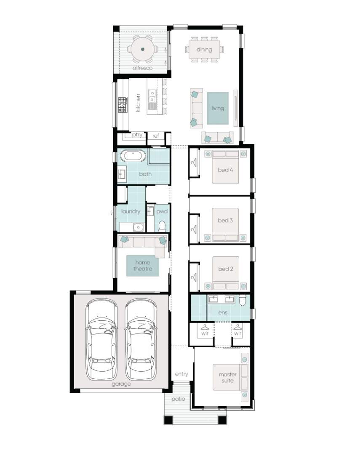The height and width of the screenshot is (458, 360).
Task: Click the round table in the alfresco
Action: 143,49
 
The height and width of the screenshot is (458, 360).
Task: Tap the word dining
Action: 204,49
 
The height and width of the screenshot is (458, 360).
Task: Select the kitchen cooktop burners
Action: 123,104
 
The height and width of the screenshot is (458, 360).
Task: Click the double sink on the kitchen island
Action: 152,100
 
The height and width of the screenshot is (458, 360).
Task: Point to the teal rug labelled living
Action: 218,108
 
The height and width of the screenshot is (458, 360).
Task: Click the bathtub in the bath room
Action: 133,156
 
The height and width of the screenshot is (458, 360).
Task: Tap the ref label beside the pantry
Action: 156,136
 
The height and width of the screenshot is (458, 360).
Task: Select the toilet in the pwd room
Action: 162,226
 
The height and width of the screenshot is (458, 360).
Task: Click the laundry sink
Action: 138,227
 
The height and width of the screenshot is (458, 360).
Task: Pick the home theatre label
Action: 143,266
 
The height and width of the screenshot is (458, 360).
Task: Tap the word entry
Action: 181,374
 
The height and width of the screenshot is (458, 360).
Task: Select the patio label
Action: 178,399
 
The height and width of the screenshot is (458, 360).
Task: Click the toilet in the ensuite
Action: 243,300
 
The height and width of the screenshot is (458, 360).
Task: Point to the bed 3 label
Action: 225,221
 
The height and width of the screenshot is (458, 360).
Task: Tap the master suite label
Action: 228,377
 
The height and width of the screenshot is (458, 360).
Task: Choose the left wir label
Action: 205,333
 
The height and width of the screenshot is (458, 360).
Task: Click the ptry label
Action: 137,135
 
